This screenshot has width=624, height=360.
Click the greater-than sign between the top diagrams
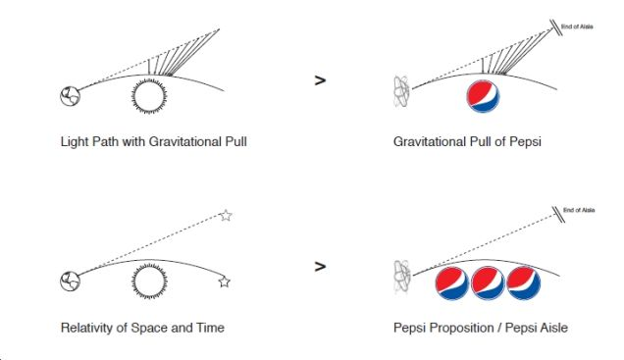(320, 81)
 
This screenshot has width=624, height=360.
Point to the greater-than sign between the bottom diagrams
(320, 265)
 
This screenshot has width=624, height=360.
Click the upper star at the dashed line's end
(226, 215)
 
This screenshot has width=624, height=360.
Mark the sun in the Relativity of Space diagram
(151, 282)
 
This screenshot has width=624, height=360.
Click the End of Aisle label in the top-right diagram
(581, 28)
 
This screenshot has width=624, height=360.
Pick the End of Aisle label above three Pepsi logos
(579, 211)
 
